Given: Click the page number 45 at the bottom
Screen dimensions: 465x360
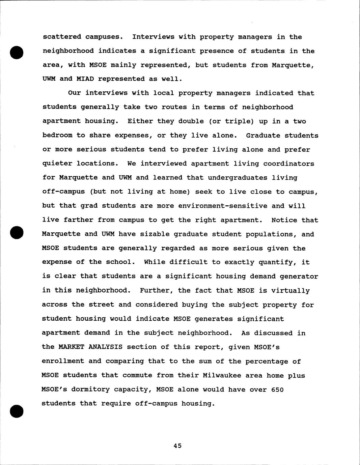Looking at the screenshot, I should coord(177,446).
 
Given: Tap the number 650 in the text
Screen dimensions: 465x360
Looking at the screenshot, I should coord(277,390).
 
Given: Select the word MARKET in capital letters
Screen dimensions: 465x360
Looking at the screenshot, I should coord(71,347).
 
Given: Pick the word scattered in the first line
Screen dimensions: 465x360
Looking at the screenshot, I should coord(62,37).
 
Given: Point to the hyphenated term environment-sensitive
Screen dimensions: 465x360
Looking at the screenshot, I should coord(223,206).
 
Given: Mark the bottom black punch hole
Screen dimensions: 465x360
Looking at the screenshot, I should coord(17,411).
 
